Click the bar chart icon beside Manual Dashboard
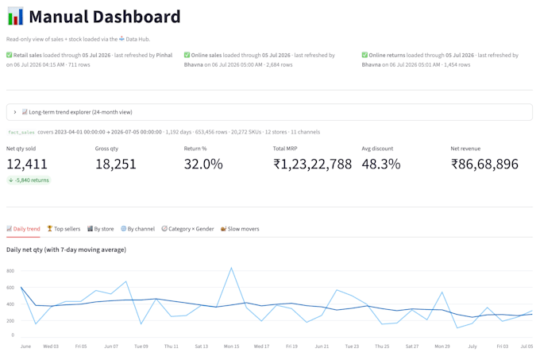(16, 16)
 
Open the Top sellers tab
(64, 229)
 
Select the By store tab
(100, 229)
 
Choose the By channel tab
(137, 229)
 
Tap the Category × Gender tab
(187, 229)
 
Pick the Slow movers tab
(240, 229)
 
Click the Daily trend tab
(23, 229)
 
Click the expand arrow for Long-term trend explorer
(15, 112)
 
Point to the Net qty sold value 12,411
(27, 164)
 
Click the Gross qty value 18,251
(116, 164)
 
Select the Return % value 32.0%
(203, 164)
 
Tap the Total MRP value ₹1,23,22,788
(312, 164)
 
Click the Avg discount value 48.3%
(381, 164)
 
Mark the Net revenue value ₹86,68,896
(484, 164)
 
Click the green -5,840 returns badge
(29, 180)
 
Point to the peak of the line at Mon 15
(231, 268)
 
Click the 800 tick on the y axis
(10, 271)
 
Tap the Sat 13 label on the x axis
(202, 346)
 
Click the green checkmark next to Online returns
(364, 55)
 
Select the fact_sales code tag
(21, 132)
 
